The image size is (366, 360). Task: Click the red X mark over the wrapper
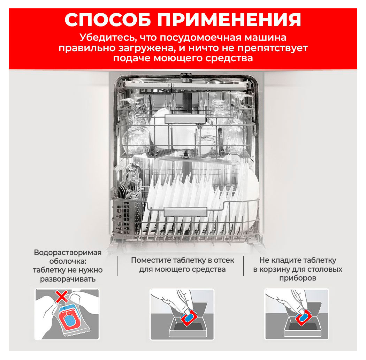click(62, 297)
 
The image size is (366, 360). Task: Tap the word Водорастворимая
click(68, 253)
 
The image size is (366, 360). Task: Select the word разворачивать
click(68, 279)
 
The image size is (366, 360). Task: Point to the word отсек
click(222, 260)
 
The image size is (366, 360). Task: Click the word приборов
click(297, 278)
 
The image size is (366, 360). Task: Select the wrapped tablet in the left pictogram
click(70, 318)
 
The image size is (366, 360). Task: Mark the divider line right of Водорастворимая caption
click(117, 266)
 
